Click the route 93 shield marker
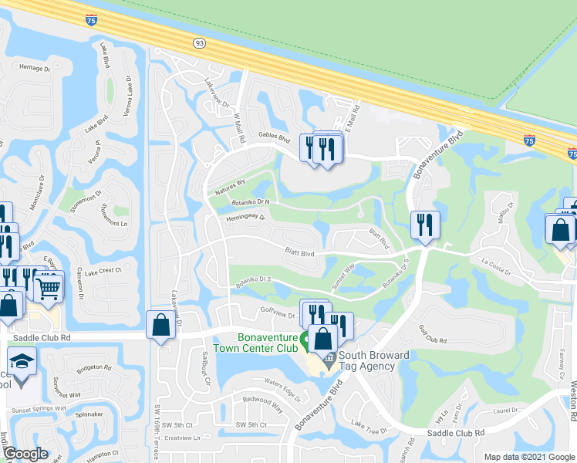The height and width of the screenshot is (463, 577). pyautogui.click(x=201, y=43)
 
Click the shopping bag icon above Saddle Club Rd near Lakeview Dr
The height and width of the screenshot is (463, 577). pyautogui.click(x=160, y=326)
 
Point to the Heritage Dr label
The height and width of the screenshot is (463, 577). pyautogui.click(x=35, y=68)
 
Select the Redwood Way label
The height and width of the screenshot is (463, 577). pyautogui.click(x=262, y=403)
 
